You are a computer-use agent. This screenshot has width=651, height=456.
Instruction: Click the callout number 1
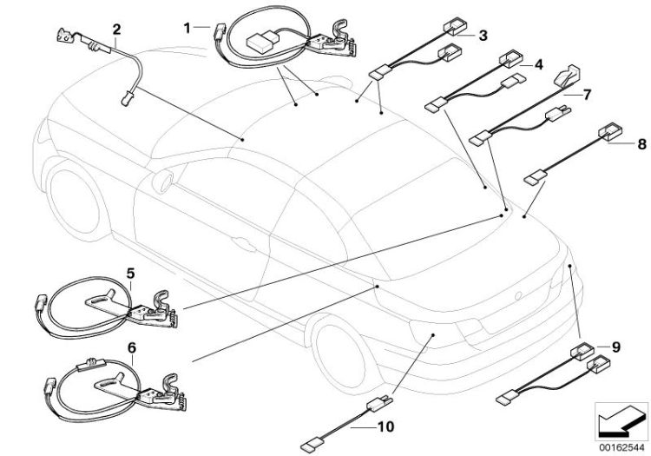pos(186,28)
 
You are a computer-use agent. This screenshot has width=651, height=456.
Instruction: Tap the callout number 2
pos(116,30)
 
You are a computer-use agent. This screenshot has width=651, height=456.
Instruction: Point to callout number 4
pos(538,64)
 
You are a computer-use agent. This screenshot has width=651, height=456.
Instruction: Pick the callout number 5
pos(129,273)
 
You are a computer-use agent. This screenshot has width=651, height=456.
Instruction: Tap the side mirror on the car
pos(162,181)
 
